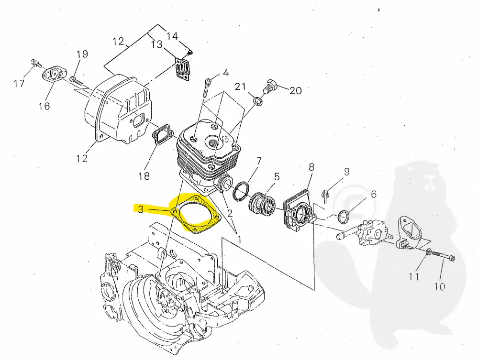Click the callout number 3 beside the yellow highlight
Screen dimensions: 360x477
click(x=140, y=209)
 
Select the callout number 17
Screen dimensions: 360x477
click(x=19, y=84)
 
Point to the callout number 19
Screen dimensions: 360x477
click(x=82, y=54)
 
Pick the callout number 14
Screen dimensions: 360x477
click(x=172, y=36)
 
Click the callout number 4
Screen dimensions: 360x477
click(x=225, y=73)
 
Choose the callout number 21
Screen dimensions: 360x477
click(x=240, y=86)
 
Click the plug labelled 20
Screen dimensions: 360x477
click(x=270, y=87)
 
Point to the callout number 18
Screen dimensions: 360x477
click(x=144, y=175)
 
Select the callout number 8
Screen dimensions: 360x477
click(x=311, y=167)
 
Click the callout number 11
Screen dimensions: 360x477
click(x=414, y=276)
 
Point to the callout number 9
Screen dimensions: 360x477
click(x=346, y=171)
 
